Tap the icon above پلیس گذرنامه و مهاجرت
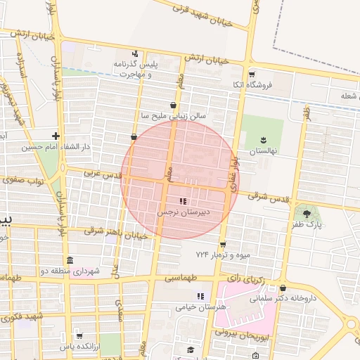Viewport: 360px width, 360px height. (x=135, y=53)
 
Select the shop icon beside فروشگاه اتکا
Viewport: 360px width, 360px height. (x=252, y=74)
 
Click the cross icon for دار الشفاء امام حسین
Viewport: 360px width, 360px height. (x=56, y=136)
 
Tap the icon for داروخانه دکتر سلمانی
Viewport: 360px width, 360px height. (x=283, y=288)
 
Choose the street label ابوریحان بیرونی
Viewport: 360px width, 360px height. (x=243, y=335)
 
